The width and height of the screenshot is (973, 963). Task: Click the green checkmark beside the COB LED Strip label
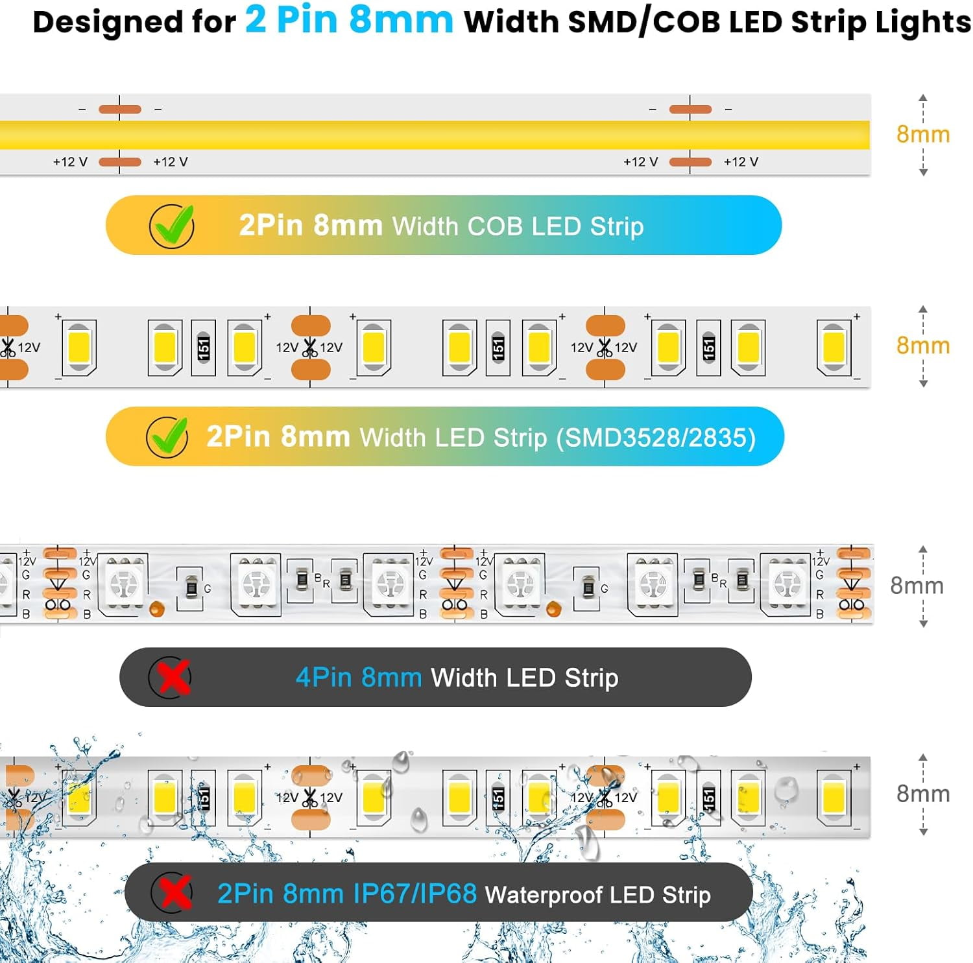pos(172,226)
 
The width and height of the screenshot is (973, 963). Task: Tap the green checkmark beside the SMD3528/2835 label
pos(167,436)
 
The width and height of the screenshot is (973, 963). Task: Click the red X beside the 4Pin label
pos(171,678)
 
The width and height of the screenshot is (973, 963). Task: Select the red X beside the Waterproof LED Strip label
pos(173,893)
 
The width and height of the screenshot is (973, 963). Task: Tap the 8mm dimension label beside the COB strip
pos(922,134)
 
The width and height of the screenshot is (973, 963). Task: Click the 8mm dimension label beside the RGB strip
pos(917,586)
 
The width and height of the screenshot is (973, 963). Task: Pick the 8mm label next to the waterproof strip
pos(922,794)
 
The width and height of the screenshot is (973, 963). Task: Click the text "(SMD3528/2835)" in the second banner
pos(656,438)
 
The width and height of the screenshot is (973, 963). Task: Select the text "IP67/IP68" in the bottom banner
pos(415,894)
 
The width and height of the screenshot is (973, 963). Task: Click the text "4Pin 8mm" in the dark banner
pos(358,678)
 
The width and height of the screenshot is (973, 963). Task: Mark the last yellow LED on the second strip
pos(834,348)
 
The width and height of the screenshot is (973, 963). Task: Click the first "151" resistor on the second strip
pos(203,348)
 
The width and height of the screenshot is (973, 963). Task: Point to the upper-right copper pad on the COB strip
pos(690,109)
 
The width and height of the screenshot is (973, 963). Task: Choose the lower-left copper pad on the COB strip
pos(120,161)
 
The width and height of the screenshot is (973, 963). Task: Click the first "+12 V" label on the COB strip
pos(70,161)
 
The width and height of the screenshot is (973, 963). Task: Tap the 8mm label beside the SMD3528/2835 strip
pos(922,346)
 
